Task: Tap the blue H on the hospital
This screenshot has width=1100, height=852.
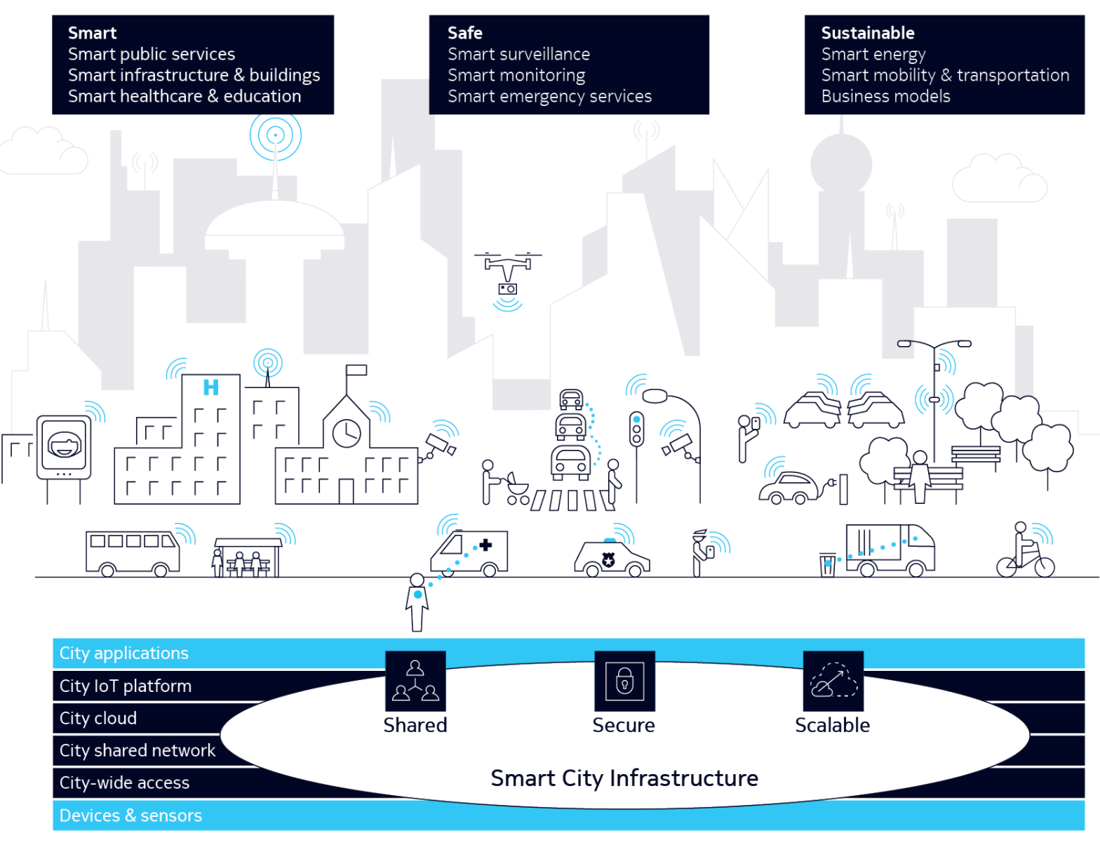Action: pos(210,387)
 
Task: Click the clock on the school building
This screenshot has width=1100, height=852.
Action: pos(347,433)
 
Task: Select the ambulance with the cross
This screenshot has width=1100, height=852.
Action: pos(469,553)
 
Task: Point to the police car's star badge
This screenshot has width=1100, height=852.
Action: pos(608,559)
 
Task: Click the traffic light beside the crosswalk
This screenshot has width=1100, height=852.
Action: pos(636,428)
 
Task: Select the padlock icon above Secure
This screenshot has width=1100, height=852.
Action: pos(624,680)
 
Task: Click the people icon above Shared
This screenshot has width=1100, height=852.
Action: pos(415,681)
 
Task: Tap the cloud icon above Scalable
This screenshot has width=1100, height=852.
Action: pos(833,681)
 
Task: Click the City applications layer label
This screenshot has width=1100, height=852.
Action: pos(124,653)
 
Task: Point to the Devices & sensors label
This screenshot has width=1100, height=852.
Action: pos(130,816)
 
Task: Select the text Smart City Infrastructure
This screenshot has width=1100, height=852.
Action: pos(624,778)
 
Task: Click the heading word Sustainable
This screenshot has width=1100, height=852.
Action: pos(868,33)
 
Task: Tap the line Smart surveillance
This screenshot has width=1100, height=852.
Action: pos(518,54)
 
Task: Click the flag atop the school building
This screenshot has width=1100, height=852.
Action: pos(356,371)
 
